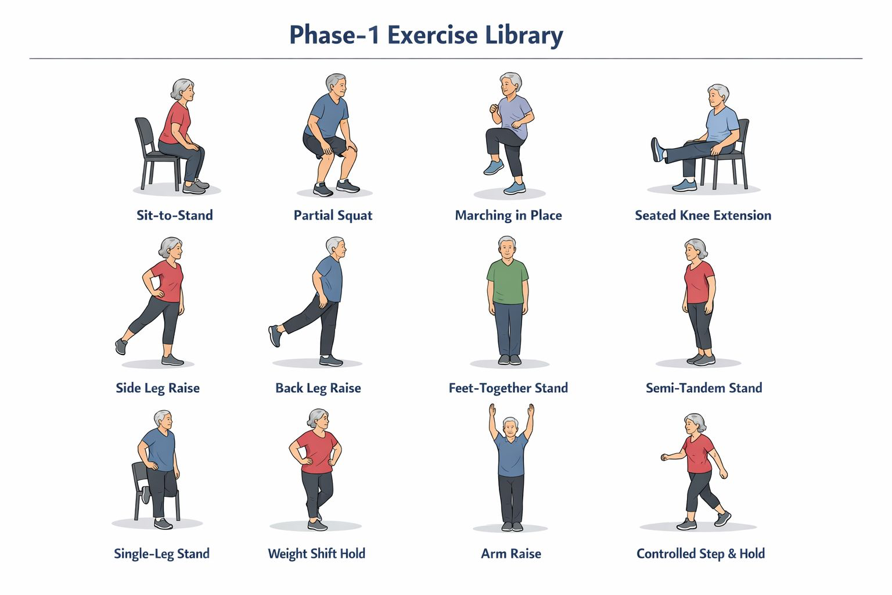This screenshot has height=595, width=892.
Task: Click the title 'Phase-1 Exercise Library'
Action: click(x=426, y=35)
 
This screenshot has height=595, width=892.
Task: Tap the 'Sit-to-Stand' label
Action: click(x=175, y=215)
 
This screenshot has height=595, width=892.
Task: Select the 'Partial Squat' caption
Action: click(x=333, y=216)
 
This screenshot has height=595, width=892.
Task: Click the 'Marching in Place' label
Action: click(x=509, y=216)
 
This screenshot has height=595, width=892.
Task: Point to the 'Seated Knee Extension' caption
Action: click(x=703, y=215)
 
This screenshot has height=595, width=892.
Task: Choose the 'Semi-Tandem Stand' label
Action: click(x=704, y=388)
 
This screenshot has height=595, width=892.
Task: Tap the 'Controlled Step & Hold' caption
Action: click(x=701, y=554)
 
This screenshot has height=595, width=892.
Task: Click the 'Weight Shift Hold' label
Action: click(x=316, y=554)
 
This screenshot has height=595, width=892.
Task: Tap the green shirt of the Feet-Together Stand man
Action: click(x=508, y=281)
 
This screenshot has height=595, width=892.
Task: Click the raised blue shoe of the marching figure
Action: click(x=494, y=167)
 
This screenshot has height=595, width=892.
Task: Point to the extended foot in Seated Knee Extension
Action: click(x=657, y=149)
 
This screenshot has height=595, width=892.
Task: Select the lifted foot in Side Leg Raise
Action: click(x=121, y=346)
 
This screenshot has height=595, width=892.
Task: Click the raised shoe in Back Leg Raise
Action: click(x=275, y=336)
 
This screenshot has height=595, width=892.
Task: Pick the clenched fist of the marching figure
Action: click(x=494, y=109)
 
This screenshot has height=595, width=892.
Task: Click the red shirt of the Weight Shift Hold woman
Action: click(x=316, y=451)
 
